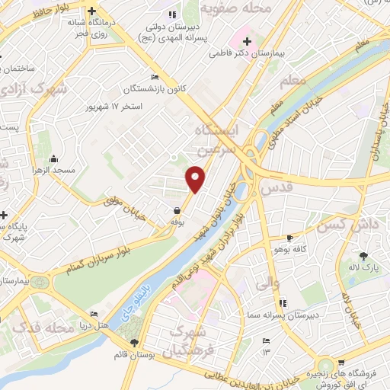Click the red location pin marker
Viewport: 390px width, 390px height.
tap(196, 178)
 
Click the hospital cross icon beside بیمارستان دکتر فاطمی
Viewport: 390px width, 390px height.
tap(246, 40)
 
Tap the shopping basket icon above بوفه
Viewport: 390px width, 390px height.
tap(177, 209)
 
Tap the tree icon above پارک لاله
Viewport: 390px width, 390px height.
tap(363, 256)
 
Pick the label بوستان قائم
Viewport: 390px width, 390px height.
tap(136, 355)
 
